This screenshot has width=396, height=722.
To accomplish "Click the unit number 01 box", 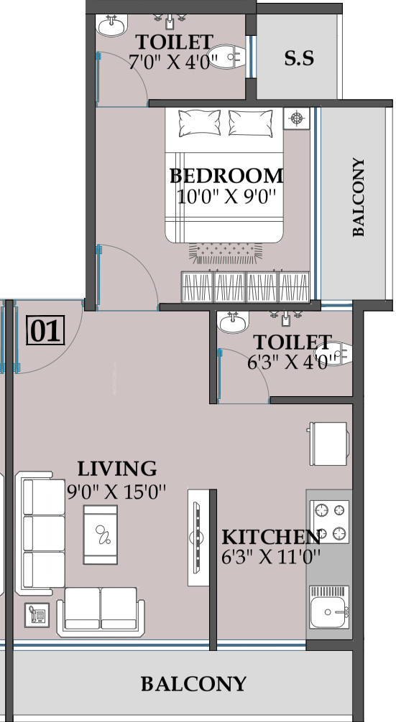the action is pyautogui.click(x=45, y=329).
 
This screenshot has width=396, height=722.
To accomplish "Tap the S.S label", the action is pyautogui.click(x=299, y=58).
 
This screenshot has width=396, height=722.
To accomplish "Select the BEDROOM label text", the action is pyautogui.click(x=226, y=176).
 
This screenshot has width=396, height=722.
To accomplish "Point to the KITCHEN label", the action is pyautogui.click(x=271, y=538).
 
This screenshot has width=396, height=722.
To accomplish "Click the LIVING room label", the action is pyautogui.click(x=117, y=469).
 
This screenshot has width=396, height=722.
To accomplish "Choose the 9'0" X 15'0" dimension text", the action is pyautogui.click(x=116, y=492).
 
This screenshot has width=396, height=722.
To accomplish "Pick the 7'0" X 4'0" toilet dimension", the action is pyautogui.click(x=169, y=62).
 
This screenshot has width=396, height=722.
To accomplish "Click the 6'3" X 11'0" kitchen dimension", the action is pyautogui.click(x=271, y=558).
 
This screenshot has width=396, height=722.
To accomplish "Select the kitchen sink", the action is pyautogui.click(x=329, y=607).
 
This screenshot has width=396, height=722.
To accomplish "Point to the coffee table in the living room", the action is pyautogui.click(x=100, y=535).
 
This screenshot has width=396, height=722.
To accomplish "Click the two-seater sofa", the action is pyautogui.click(x=101, y=612).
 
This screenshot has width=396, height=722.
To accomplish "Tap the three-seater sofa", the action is pyautogui.click(x=40, y=533).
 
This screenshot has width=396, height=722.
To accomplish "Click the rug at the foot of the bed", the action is pyautogui.click(x=226, y=254).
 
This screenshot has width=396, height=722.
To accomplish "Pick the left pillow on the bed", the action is pyautogui.click(x=199, y=123).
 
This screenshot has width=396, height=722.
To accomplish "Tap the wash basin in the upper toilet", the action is pyautogui.click(x=111, y=24).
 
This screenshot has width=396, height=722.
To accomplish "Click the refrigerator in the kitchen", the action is pyautogui.click(x=328, y=444).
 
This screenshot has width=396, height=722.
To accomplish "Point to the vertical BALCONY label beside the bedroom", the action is pyautogui.click(x=358, y=197).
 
